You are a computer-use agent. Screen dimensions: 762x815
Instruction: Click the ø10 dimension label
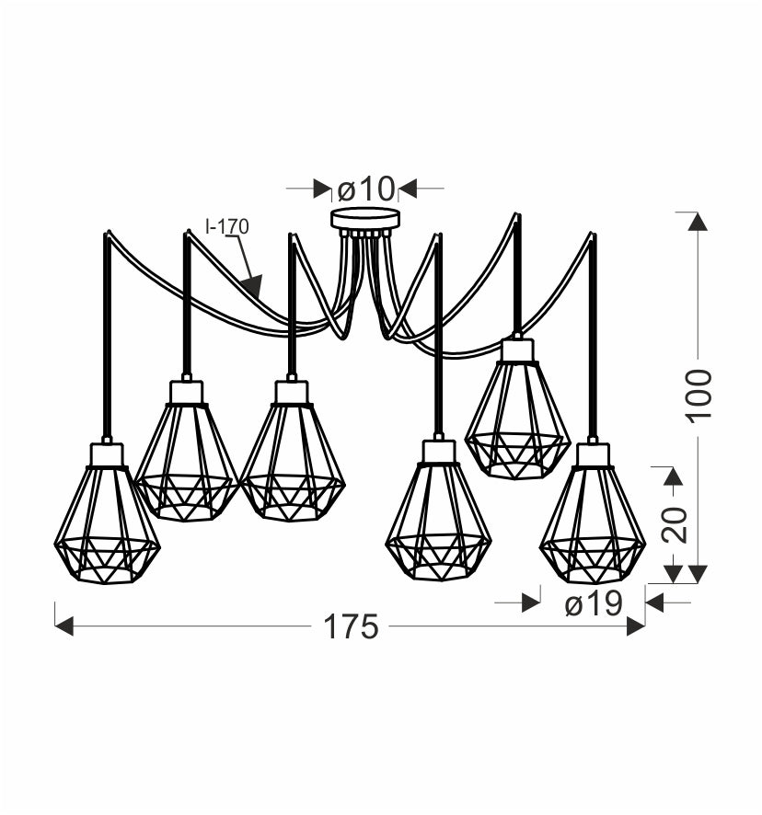click(366, 189)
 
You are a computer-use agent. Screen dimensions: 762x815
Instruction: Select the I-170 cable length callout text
click(227, 226)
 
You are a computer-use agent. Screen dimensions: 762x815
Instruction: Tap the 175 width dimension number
click(351, 626)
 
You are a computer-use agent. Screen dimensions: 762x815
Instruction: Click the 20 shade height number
click(675, 524)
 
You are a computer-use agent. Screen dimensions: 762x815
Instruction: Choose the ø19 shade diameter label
click(594, 604)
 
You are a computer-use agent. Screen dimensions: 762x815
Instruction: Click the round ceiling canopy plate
click(366, 219)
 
